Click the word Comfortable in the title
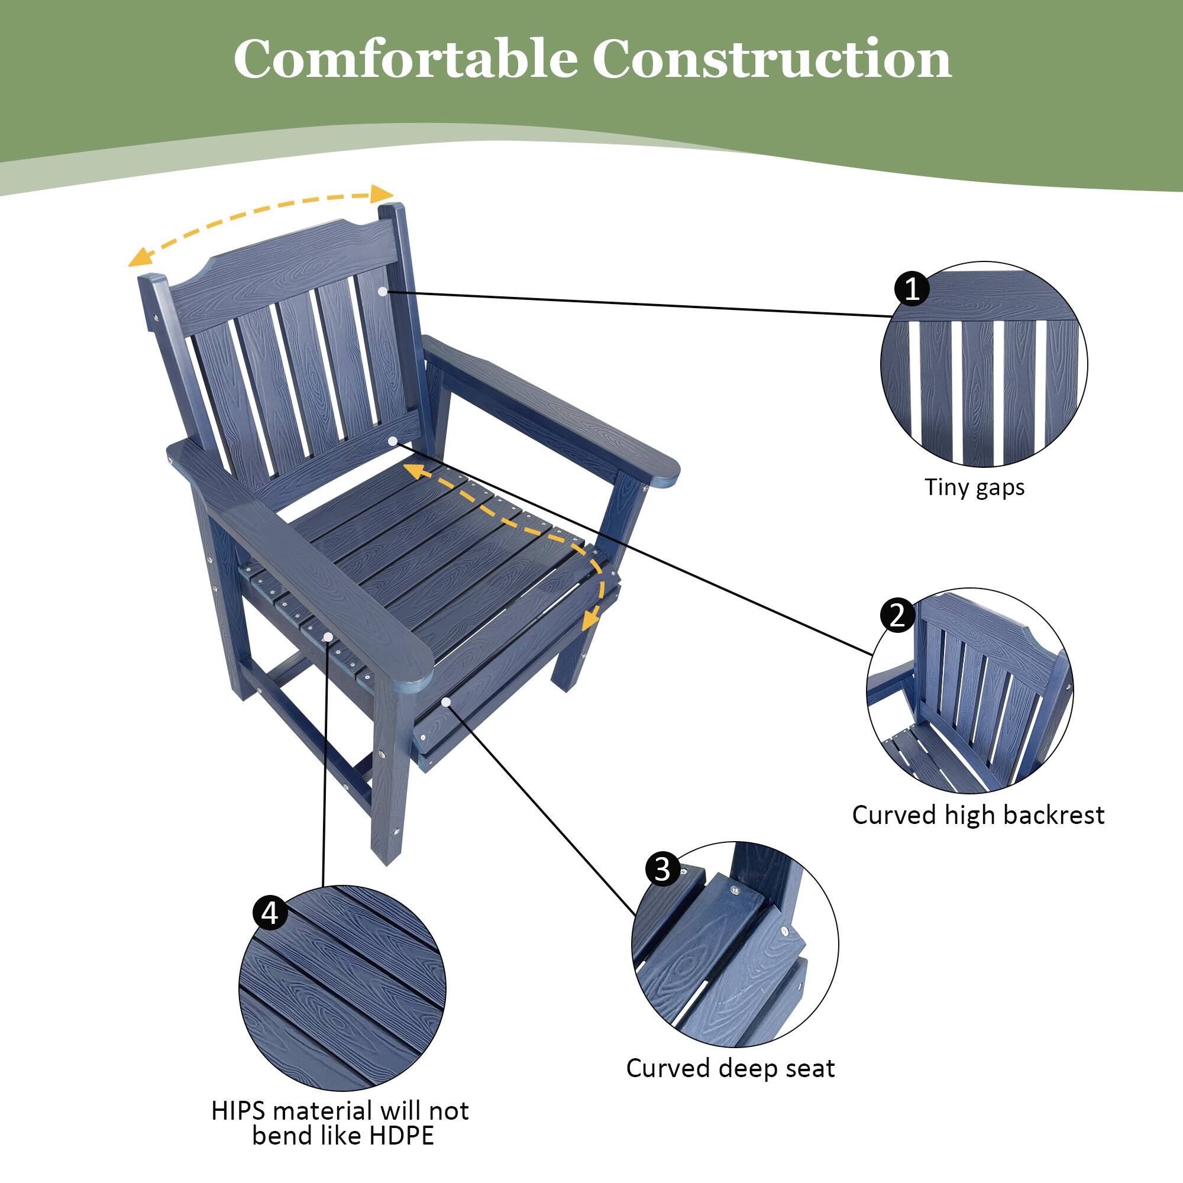point(405,59)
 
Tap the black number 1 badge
point(912,288)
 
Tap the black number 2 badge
point(898,615)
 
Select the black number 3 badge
point(662,868)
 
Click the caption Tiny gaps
point(974,488)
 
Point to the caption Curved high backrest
point(978,815)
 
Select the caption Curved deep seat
point(730,1068)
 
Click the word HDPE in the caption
point(402,1135)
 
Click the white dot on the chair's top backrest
point(383,292)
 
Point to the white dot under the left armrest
point(328,637)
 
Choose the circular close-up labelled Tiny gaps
point(984,366)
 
